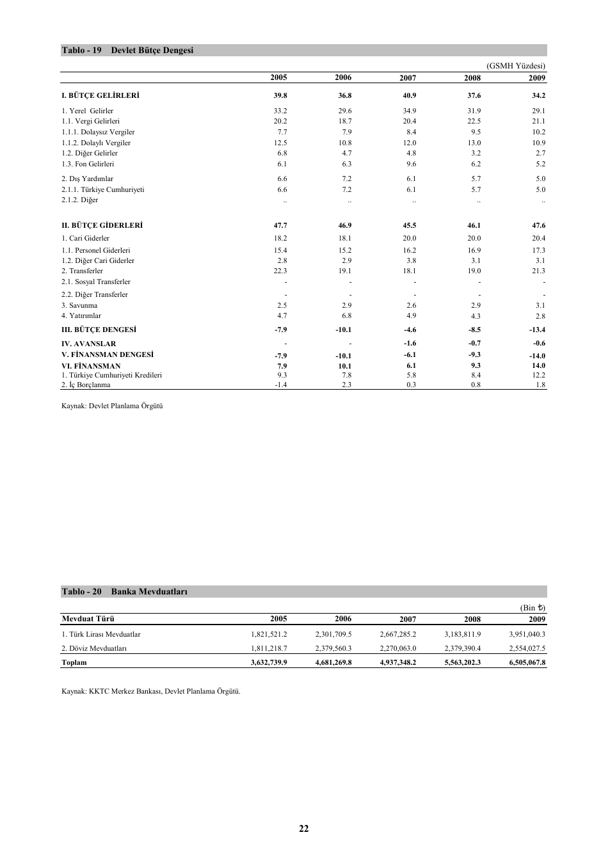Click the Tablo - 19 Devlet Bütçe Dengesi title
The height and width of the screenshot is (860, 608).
[127, 51]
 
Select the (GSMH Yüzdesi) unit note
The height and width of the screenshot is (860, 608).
[516, 66]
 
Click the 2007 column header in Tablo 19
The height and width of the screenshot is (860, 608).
[408, 78]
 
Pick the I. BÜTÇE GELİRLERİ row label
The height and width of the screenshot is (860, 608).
[100, 96]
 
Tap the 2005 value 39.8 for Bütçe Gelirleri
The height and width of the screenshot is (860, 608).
[280, 96]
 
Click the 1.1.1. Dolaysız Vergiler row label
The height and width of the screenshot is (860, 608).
[98, 132]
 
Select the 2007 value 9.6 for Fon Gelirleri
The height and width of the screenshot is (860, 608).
[410, 164]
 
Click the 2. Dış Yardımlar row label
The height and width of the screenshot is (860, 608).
[87, 179]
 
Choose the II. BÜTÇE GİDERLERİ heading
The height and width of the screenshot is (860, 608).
[102, 226]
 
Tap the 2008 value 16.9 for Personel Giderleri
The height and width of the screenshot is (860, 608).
[474, 251]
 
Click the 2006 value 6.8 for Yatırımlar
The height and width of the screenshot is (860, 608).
[346, 316]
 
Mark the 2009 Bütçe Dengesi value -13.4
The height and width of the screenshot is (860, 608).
[537, 330]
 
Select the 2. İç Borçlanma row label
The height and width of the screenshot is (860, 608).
[86, 385]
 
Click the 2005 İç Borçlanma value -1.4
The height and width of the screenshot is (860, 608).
[280, 385]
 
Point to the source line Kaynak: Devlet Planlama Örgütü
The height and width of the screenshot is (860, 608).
[112, 406]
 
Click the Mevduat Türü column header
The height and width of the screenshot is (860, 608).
[88, 619]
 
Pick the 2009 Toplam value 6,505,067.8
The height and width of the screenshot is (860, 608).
[527, 663]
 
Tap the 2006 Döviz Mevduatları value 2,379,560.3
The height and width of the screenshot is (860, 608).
[333, 649]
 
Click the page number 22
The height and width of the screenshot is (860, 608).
[303, 829]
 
